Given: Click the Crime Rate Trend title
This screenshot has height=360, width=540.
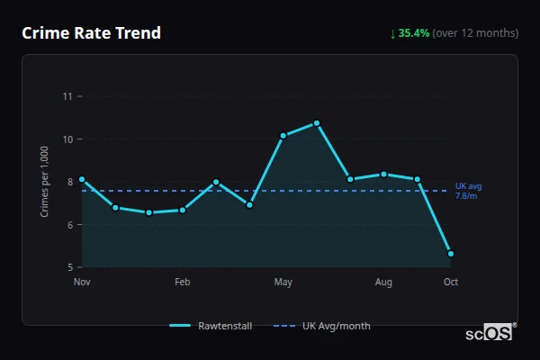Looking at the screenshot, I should [x=91, y=33].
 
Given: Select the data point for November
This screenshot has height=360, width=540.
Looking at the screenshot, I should [x=82, y=179].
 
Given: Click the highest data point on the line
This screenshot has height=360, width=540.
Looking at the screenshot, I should [x=317, y=123].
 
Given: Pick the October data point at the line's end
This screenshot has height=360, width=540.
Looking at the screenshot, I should [x=451, y=254].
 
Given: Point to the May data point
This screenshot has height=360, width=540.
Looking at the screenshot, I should [x=283, y=136].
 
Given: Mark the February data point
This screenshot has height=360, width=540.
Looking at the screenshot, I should [x=183, y=211].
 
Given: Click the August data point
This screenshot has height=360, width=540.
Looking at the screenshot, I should [x=384, y=174].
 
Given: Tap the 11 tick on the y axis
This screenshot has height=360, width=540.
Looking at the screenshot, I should [x=67, y=96].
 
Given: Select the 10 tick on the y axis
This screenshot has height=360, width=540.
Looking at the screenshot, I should [x=67, y=139].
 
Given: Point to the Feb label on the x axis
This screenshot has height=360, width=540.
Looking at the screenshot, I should [x=183, y=283].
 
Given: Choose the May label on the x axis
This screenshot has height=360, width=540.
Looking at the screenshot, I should [x=283, y=283].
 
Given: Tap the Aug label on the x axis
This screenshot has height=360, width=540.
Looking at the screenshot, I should [x=384, y=283].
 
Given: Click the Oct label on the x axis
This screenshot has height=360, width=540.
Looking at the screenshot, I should [x=451, y=283].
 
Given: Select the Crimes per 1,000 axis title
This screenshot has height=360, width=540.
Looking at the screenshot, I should [x=44, y=182].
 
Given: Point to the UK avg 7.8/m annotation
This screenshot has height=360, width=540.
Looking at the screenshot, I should [x=468, y=191].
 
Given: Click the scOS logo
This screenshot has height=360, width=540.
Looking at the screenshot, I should [x=489, y=333].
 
